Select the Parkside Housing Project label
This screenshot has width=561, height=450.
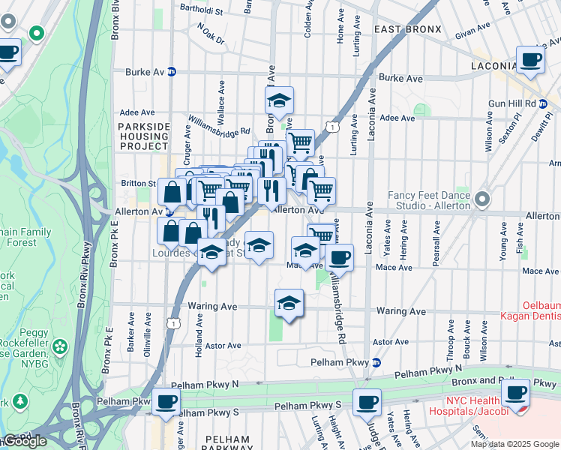tap(142, 137)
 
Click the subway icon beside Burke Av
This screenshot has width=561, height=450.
tap(172, 73)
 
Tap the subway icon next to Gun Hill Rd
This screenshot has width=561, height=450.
tap(543, 103)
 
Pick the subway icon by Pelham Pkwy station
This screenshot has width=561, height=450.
tap(376, 363)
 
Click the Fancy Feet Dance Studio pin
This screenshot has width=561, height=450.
tap(481, 200)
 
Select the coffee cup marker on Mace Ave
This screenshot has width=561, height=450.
tap(339, 259)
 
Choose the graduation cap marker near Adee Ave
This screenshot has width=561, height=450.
tap(279, 100)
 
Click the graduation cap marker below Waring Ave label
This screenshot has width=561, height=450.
tap(289, 304)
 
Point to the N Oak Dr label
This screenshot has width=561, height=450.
tap(211, 34)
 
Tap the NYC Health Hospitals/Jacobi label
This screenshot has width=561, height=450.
tap(467, 406)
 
